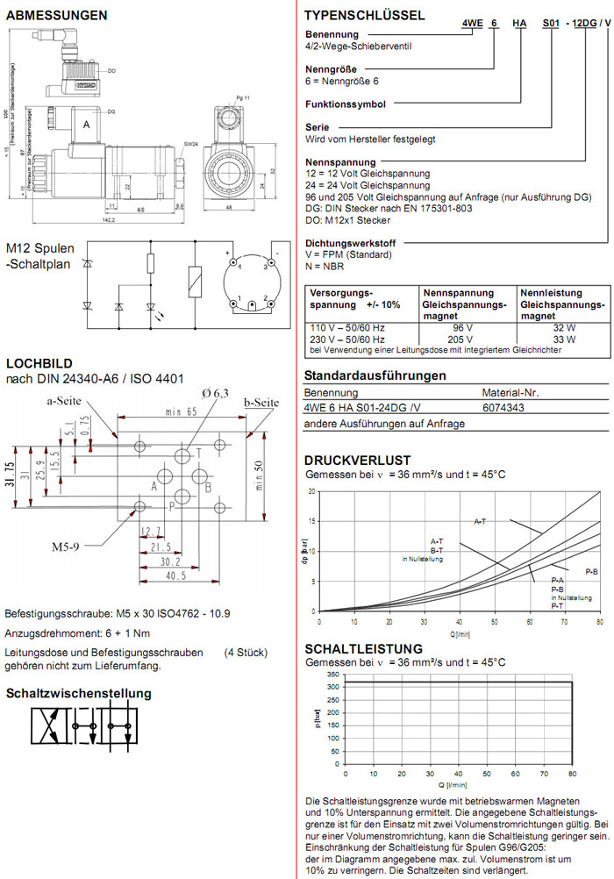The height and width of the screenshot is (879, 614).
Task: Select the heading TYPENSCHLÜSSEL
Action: coord(364,15)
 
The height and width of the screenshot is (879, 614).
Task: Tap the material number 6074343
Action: coord(505,408)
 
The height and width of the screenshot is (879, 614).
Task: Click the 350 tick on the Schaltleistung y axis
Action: coord(332,674)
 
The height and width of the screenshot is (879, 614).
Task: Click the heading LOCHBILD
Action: coord(39,363)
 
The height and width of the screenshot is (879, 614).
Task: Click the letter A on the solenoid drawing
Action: coord(86,126)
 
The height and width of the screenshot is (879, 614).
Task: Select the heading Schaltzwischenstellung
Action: coord(79,694)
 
